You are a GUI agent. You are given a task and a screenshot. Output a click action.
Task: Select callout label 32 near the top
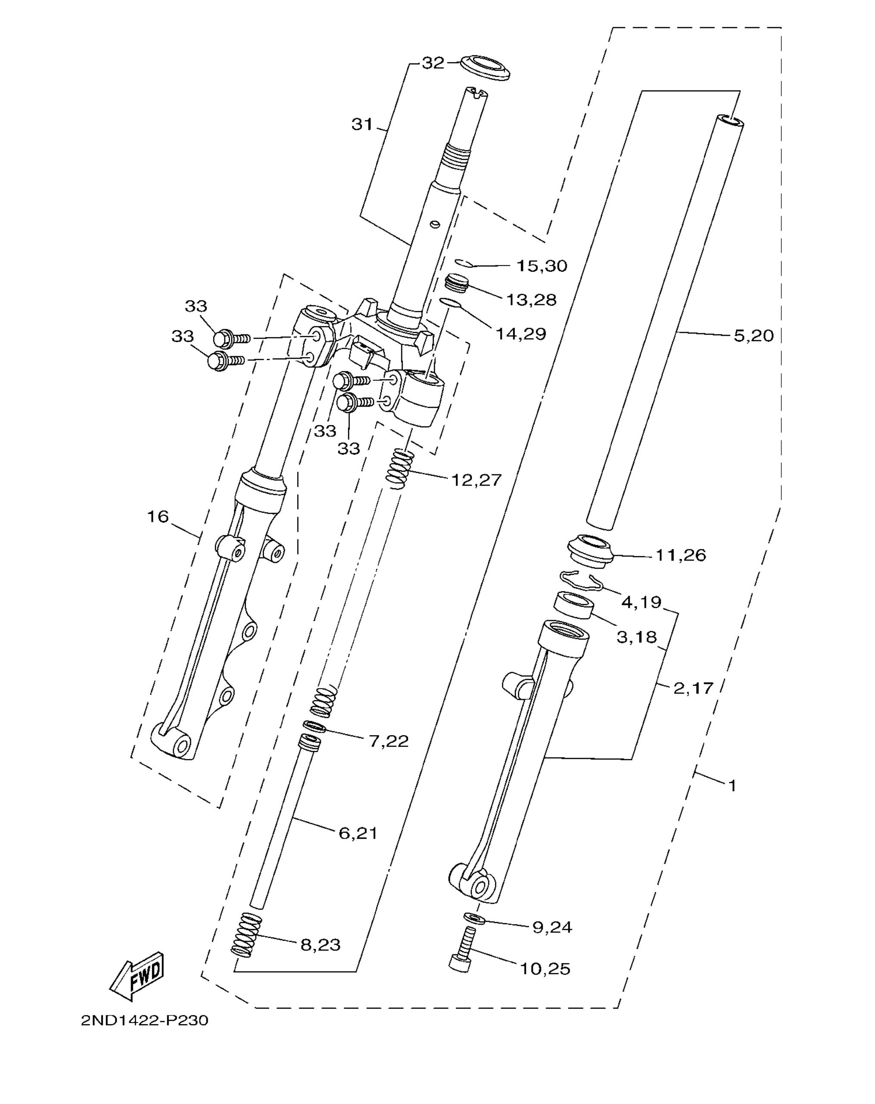[433, 63]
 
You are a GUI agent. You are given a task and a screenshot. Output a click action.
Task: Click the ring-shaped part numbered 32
[486, 68]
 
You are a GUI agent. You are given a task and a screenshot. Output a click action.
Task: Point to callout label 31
[362, 125]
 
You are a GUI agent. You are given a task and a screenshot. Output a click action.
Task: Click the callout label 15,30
[542, 266]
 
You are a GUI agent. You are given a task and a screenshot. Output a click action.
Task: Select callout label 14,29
[521, 334]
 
